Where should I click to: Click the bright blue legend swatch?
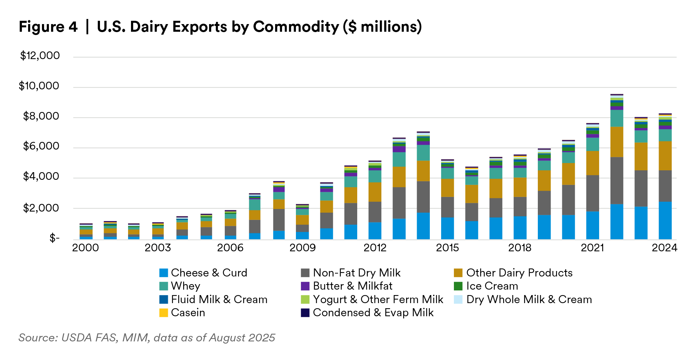tap(163, 273)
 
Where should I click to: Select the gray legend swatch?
tap(305, 273)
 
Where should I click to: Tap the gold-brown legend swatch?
tap(458, 273)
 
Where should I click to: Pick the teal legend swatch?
tap(163, 286)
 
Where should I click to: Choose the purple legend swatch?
tap(305, 286)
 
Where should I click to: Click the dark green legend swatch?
tap(458, 286)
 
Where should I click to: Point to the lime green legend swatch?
tap(305, 299)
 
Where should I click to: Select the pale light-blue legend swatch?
tap(458, 299)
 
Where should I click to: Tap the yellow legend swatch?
tap(163, 313)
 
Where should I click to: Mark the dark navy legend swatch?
tap(305, 313)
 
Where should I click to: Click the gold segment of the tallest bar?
tap(617, 142)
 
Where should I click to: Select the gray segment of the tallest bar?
tap(617, 181)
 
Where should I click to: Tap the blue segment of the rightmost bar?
tap(665, 221)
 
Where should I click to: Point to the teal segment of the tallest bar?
tap(617, 118)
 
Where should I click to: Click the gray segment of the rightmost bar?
tap(665, 186)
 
